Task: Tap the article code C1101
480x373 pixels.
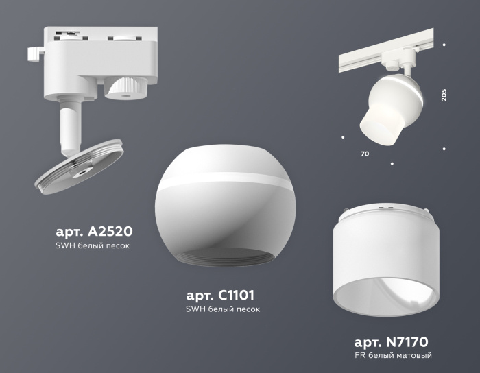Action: pos(220,296)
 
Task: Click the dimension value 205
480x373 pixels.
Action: pos(444,95)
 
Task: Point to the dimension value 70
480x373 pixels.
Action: pos(364,154)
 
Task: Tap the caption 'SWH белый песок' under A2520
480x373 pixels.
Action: pos(93,245)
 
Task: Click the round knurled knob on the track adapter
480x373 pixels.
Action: pos(125,87)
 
